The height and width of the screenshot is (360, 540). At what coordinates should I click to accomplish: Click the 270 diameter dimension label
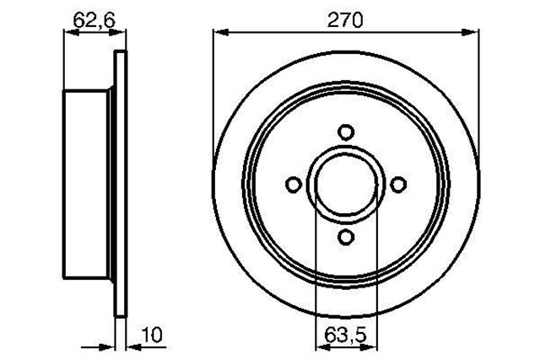tap(345, 20)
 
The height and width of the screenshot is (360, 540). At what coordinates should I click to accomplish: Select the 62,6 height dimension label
tap(94, 21)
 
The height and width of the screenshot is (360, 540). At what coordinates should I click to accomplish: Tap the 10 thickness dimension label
tap(152, 335)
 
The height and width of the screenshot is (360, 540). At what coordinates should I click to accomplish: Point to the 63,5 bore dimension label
tap(346, 336)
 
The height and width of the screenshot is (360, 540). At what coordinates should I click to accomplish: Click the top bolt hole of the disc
tap(346, 132)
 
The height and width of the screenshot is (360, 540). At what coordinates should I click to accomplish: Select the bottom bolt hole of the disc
tap(346, 237)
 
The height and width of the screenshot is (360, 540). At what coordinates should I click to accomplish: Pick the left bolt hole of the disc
tap(294, 185)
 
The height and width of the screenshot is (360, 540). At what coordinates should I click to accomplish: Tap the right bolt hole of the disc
tap(398, 185)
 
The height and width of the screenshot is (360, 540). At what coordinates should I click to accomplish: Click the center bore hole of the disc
tap(346, 185)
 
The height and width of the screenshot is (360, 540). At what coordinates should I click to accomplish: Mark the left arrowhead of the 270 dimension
tap(221, 32)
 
